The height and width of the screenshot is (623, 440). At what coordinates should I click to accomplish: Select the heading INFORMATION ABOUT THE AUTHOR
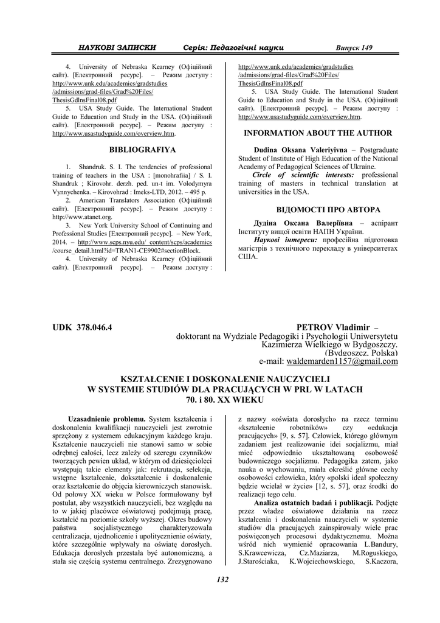click(318, 133)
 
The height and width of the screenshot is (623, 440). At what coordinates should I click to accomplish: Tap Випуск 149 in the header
click(355, 47)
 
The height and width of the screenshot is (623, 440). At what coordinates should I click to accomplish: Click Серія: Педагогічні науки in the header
click(233, 47)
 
